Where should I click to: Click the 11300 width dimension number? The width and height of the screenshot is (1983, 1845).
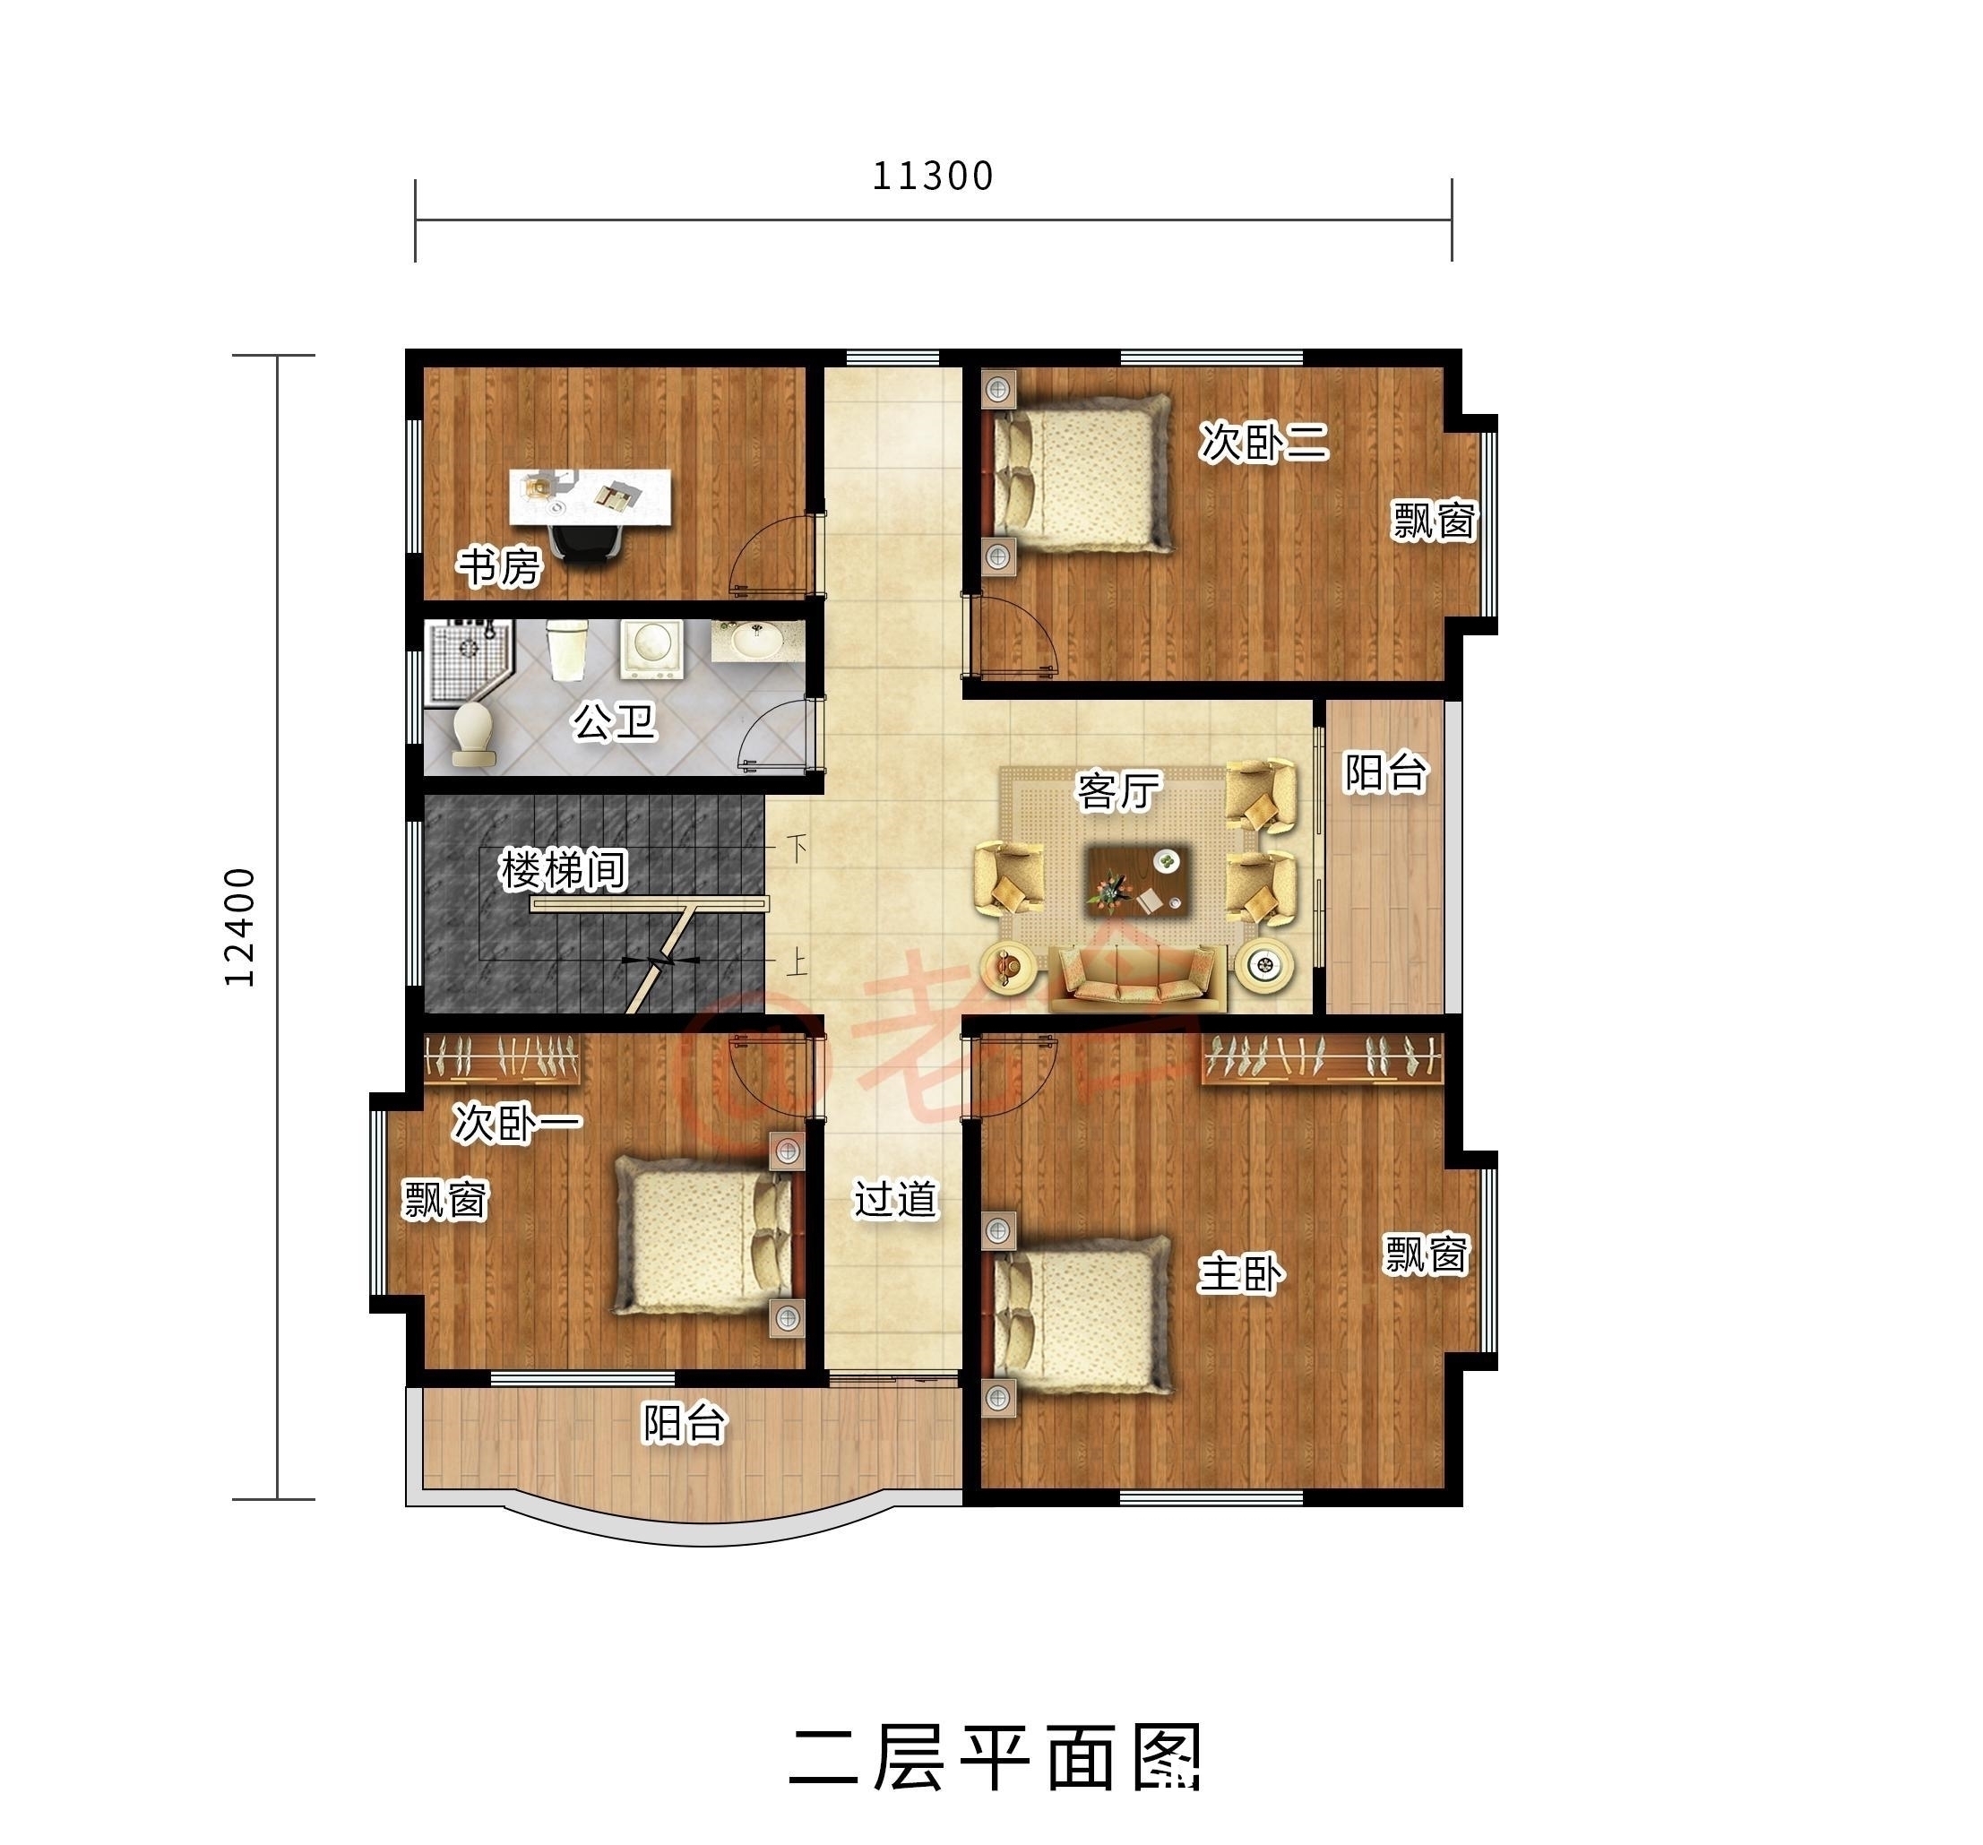coord(933,177)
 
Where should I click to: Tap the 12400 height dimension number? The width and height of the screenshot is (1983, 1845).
coord(240,927)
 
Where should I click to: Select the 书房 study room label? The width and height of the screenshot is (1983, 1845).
coord(499,567)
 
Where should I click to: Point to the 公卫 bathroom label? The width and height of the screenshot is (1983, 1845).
coord(614,721)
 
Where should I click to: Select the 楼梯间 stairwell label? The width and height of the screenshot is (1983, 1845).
coord(564,870)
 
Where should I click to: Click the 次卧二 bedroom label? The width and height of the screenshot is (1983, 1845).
coord(1263,442)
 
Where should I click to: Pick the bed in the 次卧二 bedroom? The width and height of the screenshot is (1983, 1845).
coord(1082,473)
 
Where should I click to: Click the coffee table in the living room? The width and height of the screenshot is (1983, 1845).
coord(1136,877)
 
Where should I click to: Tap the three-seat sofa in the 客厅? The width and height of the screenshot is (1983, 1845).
coord(1136,975)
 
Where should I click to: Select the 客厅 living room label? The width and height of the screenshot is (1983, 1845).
coord(1118,791)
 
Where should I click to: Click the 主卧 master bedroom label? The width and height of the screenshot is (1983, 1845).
coord(1241,1273)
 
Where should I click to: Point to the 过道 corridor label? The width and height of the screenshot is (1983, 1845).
coord(895,1199)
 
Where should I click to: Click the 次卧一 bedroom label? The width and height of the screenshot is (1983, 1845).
coord(516,1123)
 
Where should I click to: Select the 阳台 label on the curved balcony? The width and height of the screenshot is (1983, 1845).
coord(684,1423)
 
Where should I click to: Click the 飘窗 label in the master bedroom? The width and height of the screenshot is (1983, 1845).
coord(1426,1254)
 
